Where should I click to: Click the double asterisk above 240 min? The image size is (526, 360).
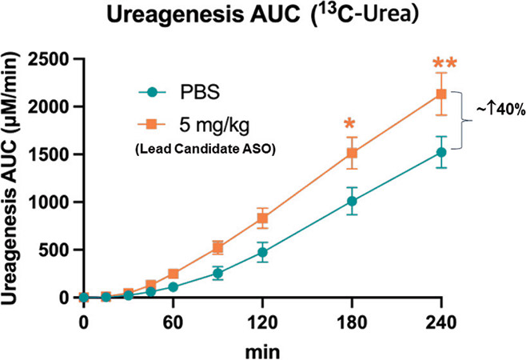[447, 64]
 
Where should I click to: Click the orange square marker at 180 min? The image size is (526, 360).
[350, 153]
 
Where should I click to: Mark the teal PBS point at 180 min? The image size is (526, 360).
[350, 202]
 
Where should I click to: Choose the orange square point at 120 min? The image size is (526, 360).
[261, 218]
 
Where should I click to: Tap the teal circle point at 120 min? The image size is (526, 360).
[261, 252]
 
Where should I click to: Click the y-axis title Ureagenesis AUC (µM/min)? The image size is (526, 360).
[15, 178]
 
